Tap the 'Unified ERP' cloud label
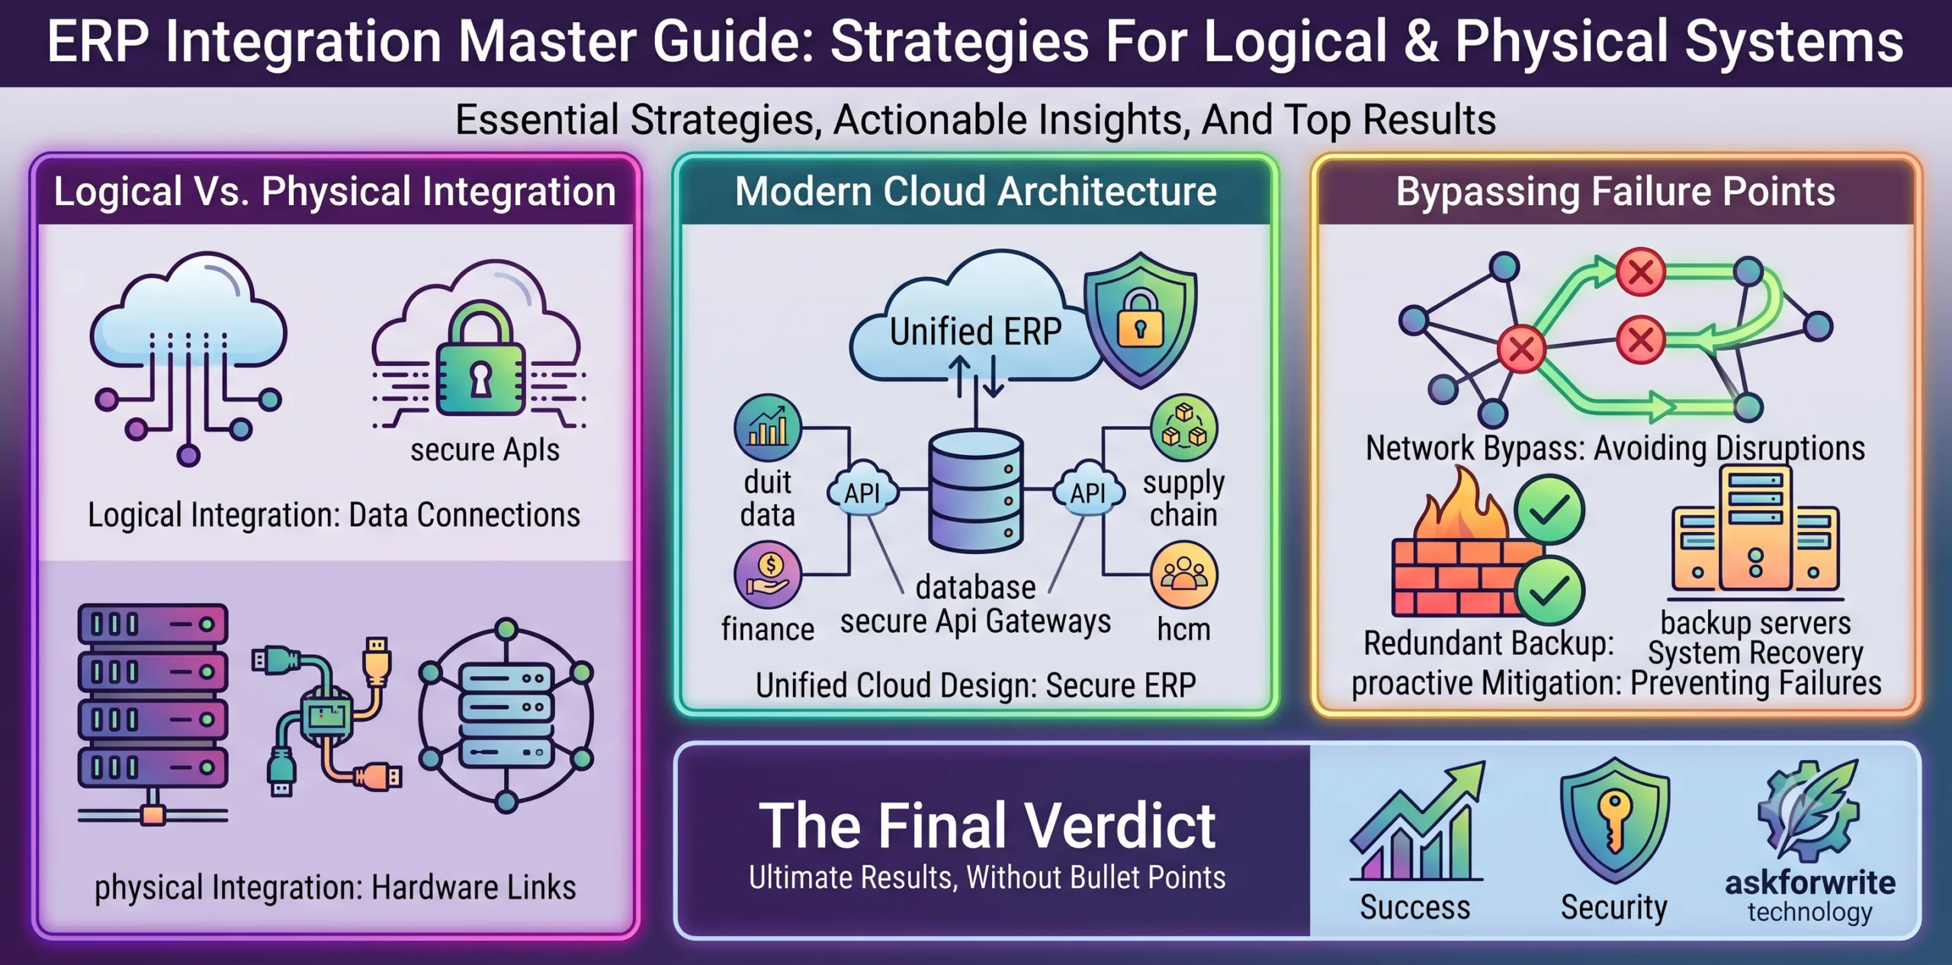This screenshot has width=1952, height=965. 975,332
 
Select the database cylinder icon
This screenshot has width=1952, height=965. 975,490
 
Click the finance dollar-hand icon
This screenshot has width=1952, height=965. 768,575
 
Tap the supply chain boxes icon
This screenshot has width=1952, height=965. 1184,428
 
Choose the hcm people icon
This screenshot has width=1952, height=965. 1184,575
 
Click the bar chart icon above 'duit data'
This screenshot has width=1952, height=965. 768,428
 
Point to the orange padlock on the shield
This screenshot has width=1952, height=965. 1140,318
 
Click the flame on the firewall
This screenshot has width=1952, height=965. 1460,507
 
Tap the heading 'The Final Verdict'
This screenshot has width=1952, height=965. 987,826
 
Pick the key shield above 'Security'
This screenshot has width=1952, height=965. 1614,820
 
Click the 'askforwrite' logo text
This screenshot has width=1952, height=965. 1810,883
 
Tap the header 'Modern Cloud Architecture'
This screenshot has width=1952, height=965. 975,191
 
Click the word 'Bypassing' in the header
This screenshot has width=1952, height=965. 1487,192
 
